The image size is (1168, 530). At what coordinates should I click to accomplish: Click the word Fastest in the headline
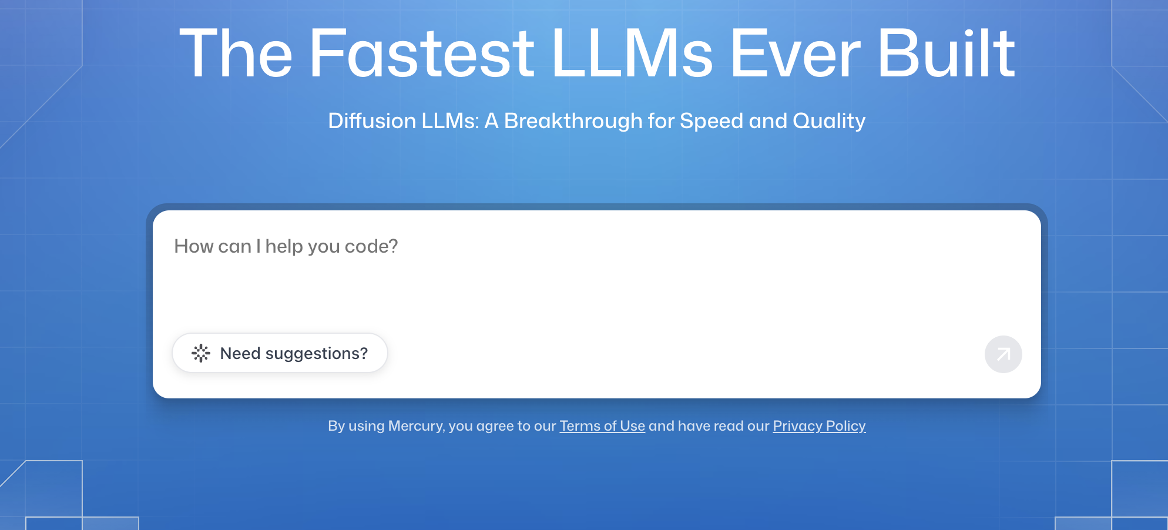[x=422, y=53]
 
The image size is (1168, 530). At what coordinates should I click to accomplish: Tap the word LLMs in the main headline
[x=632, y=53]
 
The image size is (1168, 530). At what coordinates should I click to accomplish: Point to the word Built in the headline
[x=947, y=53]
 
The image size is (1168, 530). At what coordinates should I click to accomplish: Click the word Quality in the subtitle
[x=829, y=122]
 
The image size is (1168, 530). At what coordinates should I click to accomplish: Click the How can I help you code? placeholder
[x=286, y=246]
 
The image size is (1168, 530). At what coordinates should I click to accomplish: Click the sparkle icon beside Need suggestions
[x=201, y=353]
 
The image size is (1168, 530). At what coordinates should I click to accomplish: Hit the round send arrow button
[x=1003, y=354]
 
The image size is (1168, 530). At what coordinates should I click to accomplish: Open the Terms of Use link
[x=602, y=426]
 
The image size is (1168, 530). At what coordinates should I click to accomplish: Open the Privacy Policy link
[x=820, y=426]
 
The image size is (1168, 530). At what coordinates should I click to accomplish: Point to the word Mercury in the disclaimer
[x=416, y=426]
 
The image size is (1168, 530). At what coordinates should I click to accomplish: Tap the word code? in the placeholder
[x=371, y=246]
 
